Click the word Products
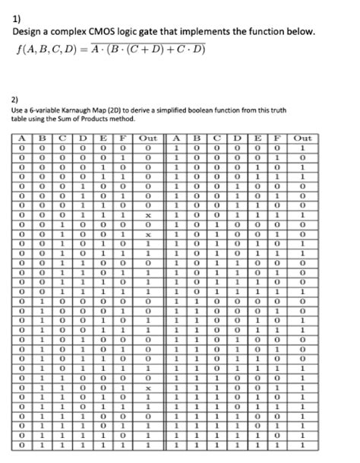121,119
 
